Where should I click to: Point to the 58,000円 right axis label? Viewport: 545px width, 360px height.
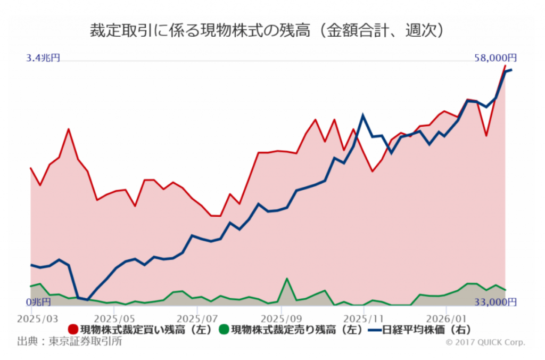click(x=496, y=58)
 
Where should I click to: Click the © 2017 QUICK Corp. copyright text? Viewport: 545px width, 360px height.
click(x=485, y=342)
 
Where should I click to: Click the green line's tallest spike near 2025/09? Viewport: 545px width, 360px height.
click(x=287, y=279)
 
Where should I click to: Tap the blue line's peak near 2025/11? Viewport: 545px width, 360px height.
click(x=363, y=115)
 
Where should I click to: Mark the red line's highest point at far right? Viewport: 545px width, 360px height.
click(x=505, y=66)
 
